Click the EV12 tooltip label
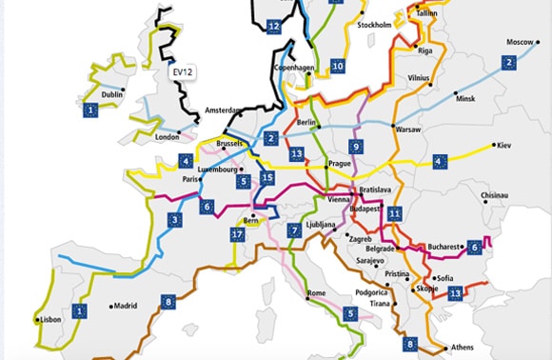pos(181,71)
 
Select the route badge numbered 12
pos(273,26)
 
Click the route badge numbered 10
pos(337,67)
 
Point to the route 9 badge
pos(356,147)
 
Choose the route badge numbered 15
pos(267,178)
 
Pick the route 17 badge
pos(237,234)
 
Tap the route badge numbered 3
pos(174,220)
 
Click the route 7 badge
pos(296,230)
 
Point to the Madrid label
pos(126,307)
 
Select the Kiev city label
pos(505,146)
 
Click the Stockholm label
pos(374,24)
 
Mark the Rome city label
pos(317,292)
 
